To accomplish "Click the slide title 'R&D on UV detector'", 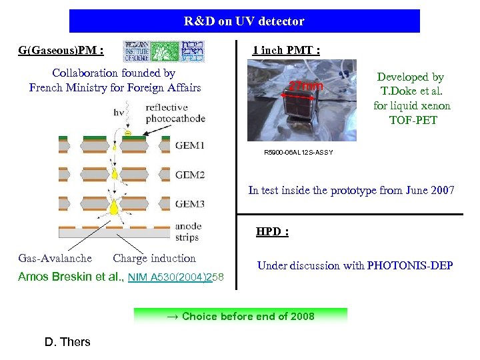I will (244, 21).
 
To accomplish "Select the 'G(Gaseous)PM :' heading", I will (61, 51).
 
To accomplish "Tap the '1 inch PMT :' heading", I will (286, 51).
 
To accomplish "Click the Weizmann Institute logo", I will (164, 51).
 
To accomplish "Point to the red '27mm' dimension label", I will (305, 87).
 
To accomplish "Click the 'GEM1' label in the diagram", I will (190, 145).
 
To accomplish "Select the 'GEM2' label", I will (190, 176).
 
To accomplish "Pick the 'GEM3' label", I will (190, 205).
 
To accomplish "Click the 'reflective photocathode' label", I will (175, 113).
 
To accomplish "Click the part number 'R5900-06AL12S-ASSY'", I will (299, 153).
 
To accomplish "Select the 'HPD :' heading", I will (273, 232).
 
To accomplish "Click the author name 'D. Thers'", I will (67, 342).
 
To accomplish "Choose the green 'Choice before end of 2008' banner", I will (241, 316).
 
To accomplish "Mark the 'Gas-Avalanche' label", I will (55, 259).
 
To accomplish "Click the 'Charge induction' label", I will (155, 259).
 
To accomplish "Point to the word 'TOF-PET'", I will (411, 120).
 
